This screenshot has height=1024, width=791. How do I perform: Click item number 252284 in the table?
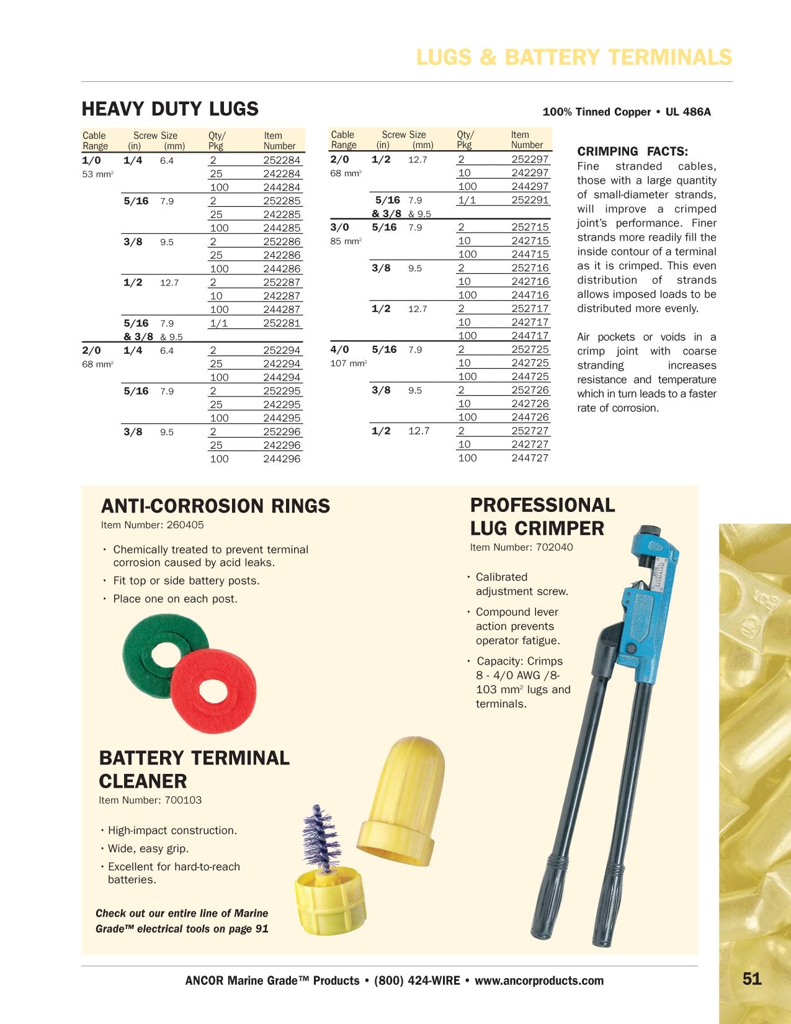pyautogui.click(x=282, y=160)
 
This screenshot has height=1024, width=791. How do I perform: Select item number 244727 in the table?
pyautogui.click(x=530, y=458)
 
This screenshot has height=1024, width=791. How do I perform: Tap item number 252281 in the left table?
pyautogui.click(x=282, y=323)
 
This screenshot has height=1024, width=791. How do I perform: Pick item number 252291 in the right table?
pyautogui.click(x=530, y=200)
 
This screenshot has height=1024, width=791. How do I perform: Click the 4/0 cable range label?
pyautogui.click(x=339, y=349)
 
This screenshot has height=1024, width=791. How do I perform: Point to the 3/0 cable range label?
pyautogui.click(x=339, y=227)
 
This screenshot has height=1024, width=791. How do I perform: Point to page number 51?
pyautogui.click(x=751, y=979)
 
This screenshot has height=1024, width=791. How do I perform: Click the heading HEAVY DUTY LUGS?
pyautogui.click(x=170, y=109)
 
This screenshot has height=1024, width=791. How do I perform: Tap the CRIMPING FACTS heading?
pyautogui.click(x=632, y=151)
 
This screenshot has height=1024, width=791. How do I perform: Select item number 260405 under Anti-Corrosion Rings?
pyautogui.click(x=185, y=525)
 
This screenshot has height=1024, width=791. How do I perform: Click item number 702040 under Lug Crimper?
pyautogui.click(x=554, y=547)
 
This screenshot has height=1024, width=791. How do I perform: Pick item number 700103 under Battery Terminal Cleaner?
pyautogui.click(x=183, y=800)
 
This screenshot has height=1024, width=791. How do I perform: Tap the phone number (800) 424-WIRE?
pyautogui.click(x=417, y=981)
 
